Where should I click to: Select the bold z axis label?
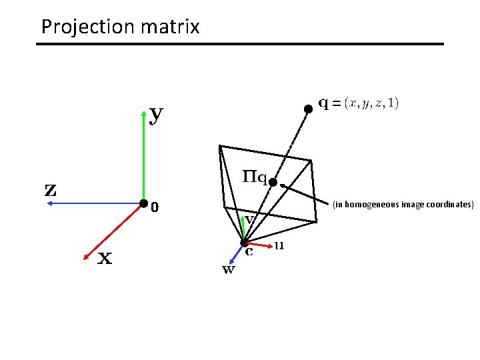(x=51, y=189)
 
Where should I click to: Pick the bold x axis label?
(x=105, y=258)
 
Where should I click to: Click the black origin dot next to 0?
(x=143, y=203)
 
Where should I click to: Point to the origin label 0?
(x=155, y=208)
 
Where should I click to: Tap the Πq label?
(x=253, y=178)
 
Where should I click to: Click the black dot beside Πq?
(x=273, y=181)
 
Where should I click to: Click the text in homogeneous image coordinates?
(x=403, y=204)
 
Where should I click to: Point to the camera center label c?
(x=249, y=252)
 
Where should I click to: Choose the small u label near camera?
(x=279, y=245)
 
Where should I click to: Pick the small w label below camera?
(x=228, y=270)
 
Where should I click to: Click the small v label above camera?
(x=249, y=218)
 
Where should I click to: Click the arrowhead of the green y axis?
(x=145, y=112)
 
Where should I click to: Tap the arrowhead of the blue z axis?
(x=49, y=205)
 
